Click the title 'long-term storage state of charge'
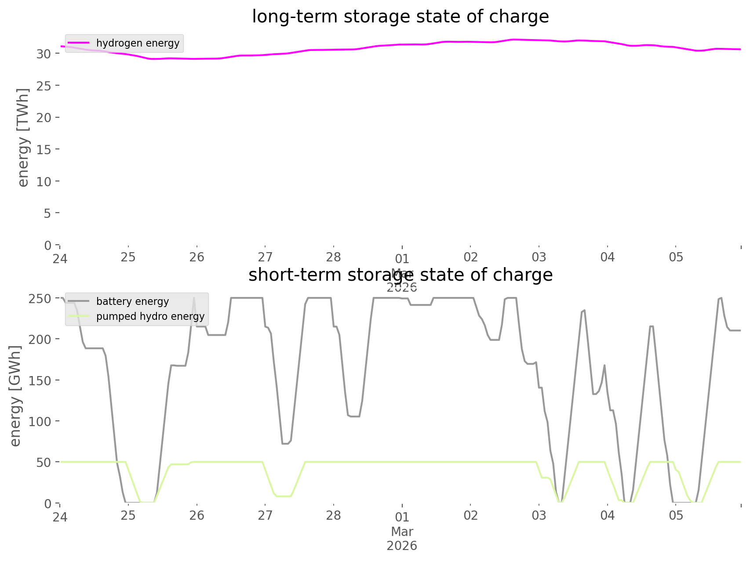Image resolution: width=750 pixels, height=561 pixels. tap(400, 17)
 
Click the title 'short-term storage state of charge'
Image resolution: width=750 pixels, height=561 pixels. tap(400, 275)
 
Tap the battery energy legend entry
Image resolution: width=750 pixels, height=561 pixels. tap(132, 301)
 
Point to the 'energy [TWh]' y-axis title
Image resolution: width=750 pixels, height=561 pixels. tap(23, 138)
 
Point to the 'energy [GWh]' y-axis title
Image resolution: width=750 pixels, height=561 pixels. tap(15, 396)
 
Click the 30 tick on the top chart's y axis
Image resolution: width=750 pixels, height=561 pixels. tap(44, 54)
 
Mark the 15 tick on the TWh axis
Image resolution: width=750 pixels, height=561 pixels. tap(44, 149)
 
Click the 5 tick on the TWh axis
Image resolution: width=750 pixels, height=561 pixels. tap(47, 214)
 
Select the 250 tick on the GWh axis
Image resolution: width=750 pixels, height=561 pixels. tap(40, 299)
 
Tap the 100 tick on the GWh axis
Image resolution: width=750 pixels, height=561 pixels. tap(40, 421)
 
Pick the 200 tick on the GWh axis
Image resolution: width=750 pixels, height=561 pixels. tap(40, 340)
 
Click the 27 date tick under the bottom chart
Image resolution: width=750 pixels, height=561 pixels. tap(265, 515)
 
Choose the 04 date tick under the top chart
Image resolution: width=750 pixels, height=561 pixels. tap(608, 257)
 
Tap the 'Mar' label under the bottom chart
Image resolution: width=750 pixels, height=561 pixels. tap(402, 532)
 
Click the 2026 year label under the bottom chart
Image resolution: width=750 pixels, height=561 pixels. tap(402, 546)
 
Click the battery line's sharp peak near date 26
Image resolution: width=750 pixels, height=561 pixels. tap(194, 299)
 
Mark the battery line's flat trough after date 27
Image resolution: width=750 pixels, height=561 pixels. tap(286, 444)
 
